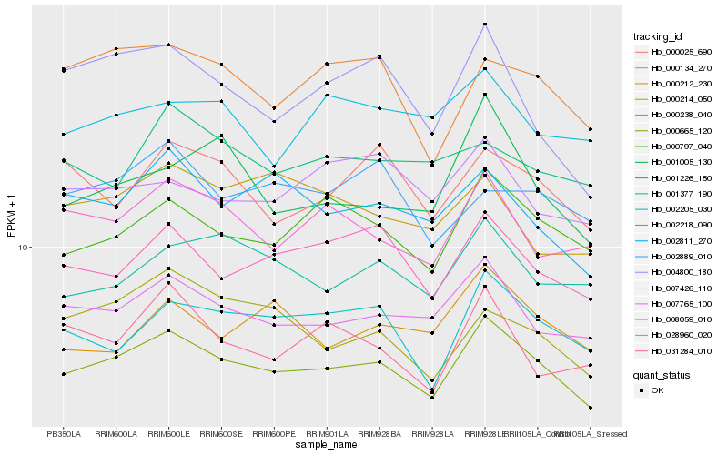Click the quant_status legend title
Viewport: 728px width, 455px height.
click(x=662, y=374)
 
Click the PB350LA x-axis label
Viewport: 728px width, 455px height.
click(x=63, y=433)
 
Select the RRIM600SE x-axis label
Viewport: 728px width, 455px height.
click(x=221, y=433)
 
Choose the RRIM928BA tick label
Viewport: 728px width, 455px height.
click(x=379, y=433)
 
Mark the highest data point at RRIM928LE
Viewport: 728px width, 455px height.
click(x=485, y=24)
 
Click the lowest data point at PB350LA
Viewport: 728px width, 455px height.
click(x=63, y=374)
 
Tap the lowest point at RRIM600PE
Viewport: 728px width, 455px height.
click(x=274, y=371)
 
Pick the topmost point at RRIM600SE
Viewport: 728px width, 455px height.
click(x=221, y=65)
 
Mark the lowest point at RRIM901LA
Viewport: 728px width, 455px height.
click(x=327, y=369)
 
